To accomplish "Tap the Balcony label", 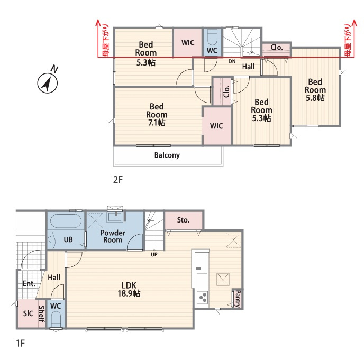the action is [x=167, y=155].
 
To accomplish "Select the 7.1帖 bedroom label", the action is [x=157, y=115].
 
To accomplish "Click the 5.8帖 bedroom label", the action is [x=315, y=90].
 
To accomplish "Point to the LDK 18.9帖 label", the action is [x=129, y=290].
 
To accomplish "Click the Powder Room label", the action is [x=113, y=236].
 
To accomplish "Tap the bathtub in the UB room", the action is [x=66, y=221].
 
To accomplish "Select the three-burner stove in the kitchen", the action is [x=203, y=298].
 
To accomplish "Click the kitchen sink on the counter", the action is [x=202, y=264].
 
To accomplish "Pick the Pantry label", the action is [x=238, y=299].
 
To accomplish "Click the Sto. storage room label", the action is [x=183, y=220].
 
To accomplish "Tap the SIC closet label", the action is [x=28, y=314].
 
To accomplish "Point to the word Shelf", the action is [x=41, y=314].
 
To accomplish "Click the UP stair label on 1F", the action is [x=154, y=254].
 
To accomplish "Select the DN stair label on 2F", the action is [x=232, y=61].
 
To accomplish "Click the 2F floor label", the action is [x=117, y=180].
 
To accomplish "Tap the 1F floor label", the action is [x=21, y=343].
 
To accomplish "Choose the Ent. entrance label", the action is [x=29, y=283].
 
